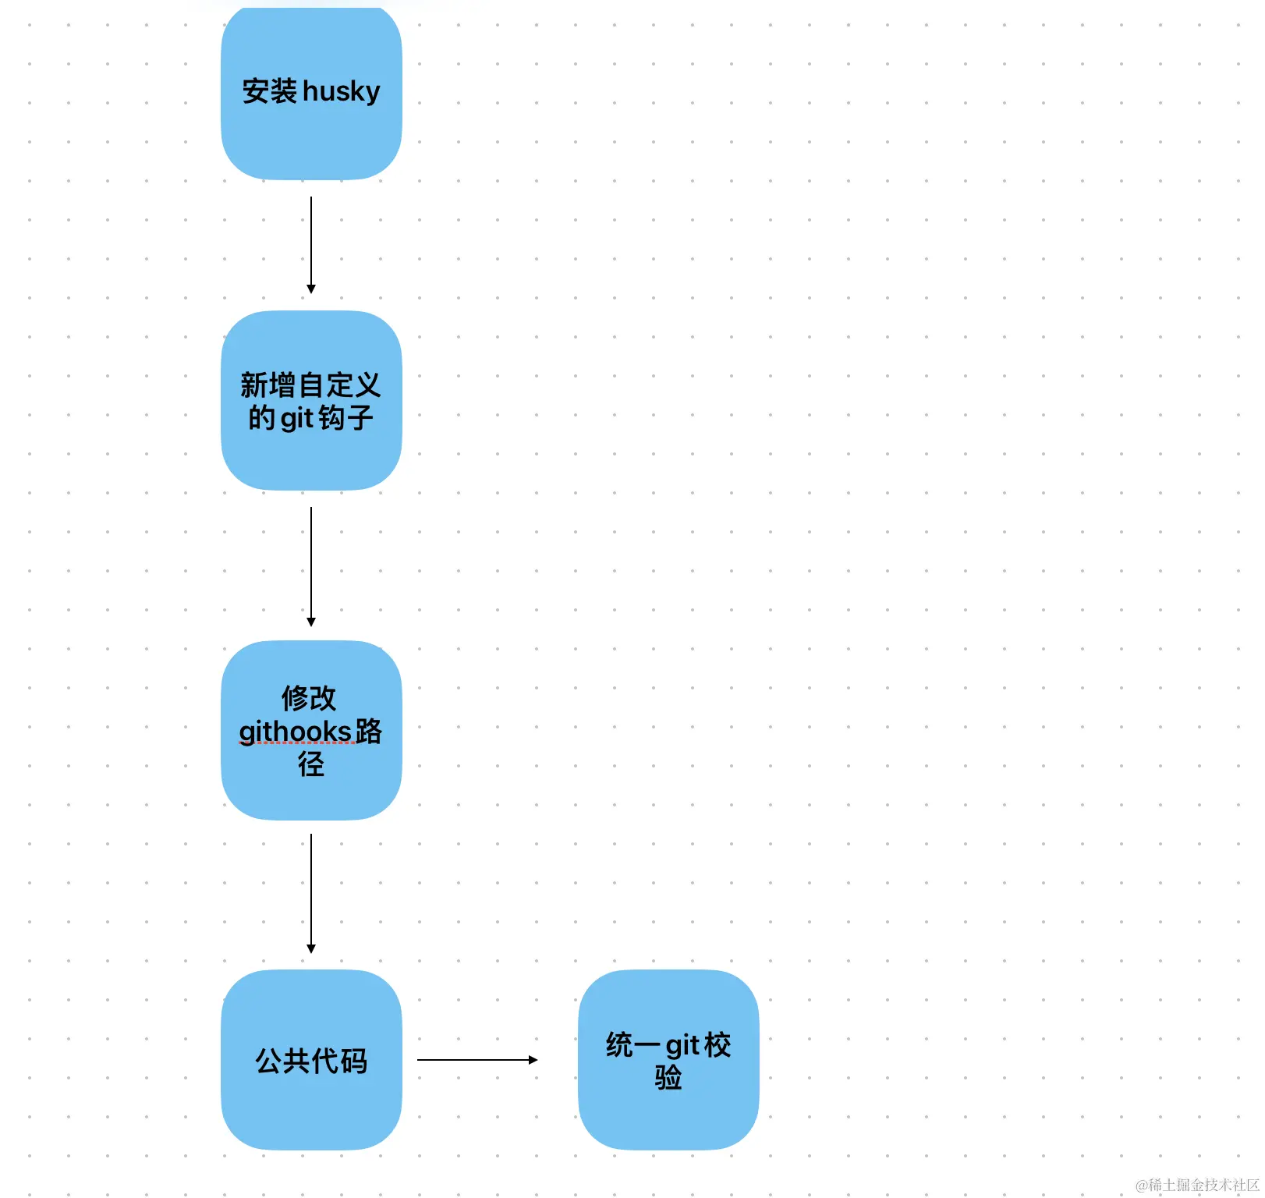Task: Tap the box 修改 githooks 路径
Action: click(x=311, y=796)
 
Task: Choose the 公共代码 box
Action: click(x=311, y=1108)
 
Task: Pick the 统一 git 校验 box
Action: click(x=668, y=1115)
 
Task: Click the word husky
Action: click(x=341, y=92)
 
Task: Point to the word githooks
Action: click(x=295, y=732)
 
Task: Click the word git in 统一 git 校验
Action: click(x=682, y=1044)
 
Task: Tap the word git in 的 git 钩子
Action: click(x=296, y=419)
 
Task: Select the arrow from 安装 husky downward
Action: click(x=311, y=242)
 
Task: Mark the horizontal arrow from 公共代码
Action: click(x=476, y=1060)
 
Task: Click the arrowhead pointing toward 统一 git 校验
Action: click(x=533, y=1060)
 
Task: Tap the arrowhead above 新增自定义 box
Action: click(x=311, y=289)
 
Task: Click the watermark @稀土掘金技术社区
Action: click(x=1197, y=1185)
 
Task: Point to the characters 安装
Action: click(x=269, y=92)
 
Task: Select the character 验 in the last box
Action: click(x=668, y=1078)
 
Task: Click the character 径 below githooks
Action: click(x=311, y=764)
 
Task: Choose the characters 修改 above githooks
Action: click(x=310, y=698)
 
